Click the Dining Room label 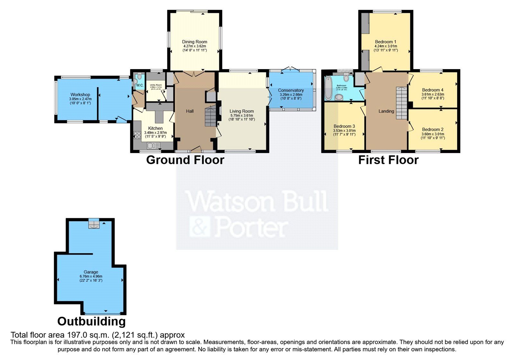(x=194, y=42)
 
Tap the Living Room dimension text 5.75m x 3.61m (x=241, y=115)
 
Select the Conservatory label (x=291, y=90)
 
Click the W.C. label (x=139, y=85)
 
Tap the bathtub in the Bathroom (x=328, y=88)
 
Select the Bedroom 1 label (x=385, y=42)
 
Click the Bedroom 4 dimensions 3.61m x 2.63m (x=433, y=94)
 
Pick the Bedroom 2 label (x=433, y=130)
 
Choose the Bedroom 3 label (x=344, y=126)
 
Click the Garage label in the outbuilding (x=91, y=272)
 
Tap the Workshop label (x=80, y=95)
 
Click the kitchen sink (x=154, y=146)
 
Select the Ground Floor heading (x=185, y=160)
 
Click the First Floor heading (x=388, y=160)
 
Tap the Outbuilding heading (x=92, y=321)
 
